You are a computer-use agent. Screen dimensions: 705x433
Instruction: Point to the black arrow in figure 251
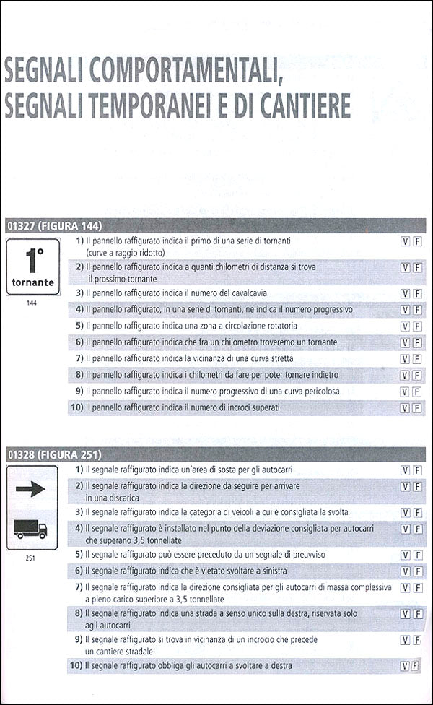32,490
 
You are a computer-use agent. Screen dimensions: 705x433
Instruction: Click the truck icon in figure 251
31,529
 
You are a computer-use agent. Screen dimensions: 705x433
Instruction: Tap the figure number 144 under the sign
31,303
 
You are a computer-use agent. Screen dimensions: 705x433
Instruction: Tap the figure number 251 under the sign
31,558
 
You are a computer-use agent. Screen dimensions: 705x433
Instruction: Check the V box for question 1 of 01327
405,240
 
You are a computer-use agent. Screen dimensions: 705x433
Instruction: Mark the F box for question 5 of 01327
417,326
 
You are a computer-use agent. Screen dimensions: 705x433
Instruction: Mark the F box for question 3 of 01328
417,512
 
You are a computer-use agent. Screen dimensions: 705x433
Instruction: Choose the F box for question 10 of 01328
417,665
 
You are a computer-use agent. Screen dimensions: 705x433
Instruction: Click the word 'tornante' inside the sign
32,282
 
